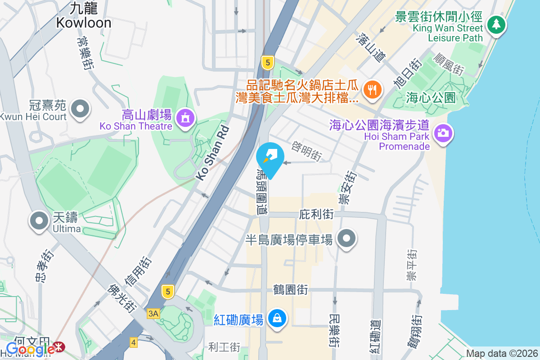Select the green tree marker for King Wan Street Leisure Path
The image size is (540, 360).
pos(496,24)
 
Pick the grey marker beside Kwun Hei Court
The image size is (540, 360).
pos(81,108)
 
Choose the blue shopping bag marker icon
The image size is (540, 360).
pos(276,319)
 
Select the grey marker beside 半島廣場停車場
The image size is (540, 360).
pos(346,239)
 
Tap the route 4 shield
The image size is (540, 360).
pos(133,342)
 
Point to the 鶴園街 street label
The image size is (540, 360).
pos(290,289)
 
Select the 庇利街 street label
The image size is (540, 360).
pos(316,215)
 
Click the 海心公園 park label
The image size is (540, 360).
pos(431,97)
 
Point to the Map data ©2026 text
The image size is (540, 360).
pos(502,353)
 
